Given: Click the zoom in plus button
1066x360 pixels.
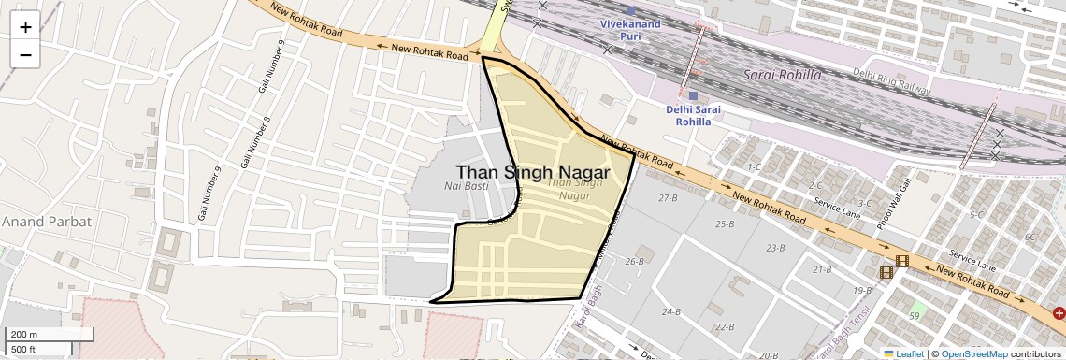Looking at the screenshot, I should (25, 27).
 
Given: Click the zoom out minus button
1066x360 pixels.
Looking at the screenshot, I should (25, 54).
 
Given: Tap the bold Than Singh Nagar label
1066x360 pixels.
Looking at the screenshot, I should (533, 173).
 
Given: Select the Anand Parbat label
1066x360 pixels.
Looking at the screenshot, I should (46, 222).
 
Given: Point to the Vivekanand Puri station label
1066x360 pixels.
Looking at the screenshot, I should (629, 28).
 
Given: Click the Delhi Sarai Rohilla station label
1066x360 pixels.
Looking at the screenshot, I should (693, 114).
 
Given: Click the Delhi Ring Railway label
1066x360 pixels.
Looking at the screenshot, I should (892, 80).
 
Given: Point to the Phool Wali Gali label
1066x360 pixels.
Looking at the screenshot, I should (893, 209).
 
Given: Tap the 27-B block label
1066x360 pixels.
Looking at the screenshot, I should (668, 198).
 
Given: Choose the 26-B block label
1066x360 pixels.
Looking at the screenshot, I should (635, 261).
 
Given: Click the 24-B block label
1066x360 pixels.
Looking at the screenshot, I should (670, 311).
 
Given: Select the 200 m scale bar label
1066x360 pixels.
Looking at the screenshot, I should (22, 335).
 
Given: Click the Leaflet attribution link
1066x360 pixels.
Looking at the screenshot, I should (903, 353).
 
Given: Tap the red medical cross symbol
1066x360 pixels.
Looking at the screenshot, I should (1059, 313).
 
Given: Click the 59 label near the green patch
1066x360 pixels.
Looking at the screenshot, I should (914, 317).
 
